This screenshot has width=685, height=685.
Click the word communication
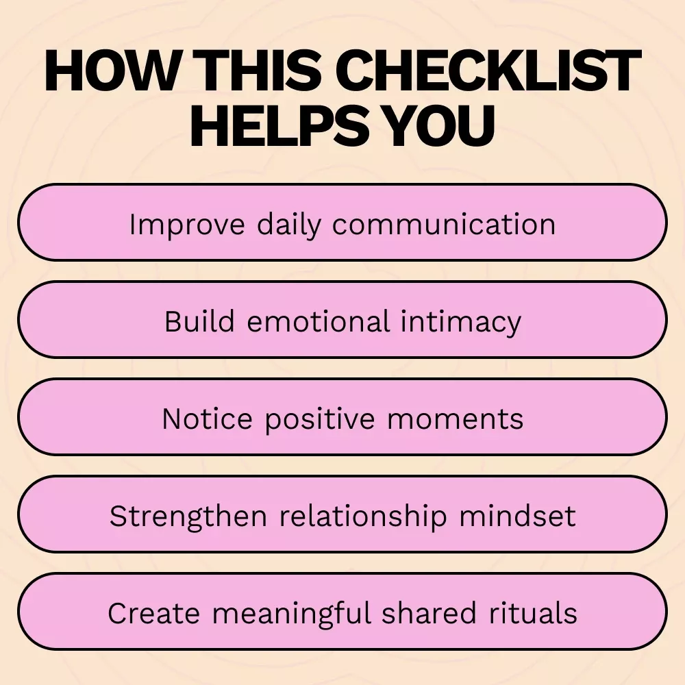tap(444, 225)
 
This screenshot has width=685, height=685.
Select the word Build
tap(199, 321)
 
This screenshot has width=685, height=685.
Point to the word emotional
tap(318, 321)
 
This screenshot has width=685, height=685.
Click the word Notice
tap(207, 419)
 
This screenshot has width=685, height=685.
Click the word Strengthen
tap(188, 516)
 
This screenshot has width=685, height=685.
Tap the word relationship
tap(363, 516)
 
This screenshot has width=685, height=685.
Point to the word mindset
tap(517, 516)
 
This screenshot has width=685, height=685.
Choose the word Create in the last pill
tap(153, 613)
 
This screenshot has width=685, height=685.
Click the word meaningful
tap(291, 614)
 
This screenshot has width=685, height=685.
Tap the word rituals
tap(533, 613)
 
